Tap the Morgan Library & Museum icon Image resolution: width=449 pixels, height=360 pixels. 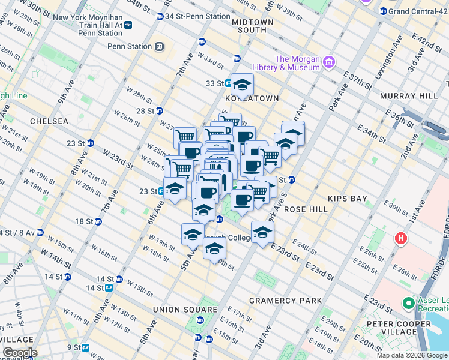tap(329, 62)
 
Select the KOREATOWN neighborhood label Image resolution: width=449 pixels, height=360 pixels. tap(252, 98)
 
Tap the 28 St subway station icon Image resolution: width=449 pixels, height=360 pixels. tap(160, 110)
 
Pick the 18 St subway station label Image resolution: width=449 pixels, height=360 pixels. tap(83, 221)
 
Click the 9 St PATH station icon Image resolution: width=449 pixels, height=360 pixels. tap(86, 347)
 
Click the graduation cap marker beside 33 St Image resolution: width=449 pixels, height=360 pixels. tap(242, 84)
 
